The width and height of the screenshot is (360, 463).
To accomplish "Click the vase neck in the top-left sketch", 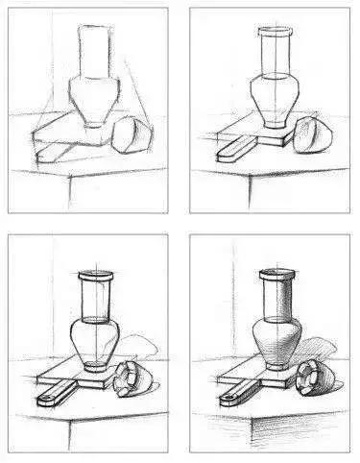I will coord(93,53).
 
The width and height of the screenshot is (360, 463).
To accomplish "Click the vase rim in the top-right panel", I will coord(275,32).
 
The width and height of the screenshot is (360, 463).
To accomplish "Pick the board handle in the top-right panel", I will coord(233,149).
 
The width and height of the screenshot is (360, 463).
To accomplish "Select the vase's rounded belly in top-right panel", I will coord(275,96).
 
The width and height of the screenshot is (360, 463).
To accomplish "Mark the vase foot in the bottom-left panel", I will coord(94,365).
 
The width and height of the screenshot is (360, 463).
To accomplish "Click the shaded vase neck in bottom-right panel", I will coord(276,298).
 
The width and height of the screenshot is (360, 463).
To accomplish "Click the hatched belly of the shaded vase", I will coord(276,338).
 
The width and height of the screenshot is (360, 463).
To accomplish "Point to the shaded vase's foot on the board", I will coord(276,365).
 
